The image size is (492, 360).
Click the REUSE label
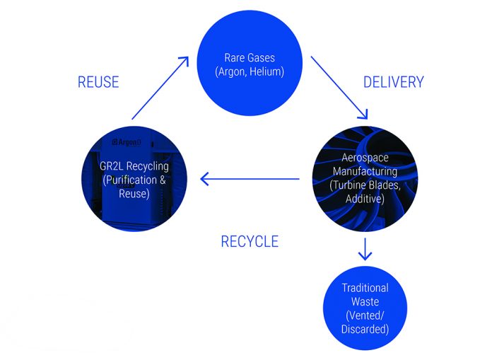98,82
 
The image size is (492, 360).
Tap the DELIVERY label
394,82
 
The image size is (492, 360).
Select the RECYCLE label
250,242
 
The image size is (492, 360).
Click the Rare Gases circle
250,63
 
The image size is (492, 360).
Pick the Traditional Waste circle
365,308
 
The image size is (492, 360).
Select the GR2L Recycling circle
134,179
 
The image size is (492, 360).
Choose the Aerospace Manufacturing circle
365,179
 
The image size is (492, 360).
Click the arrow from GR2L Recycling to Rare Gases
160,88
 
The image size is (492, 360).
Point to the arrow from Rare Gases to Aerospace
339,88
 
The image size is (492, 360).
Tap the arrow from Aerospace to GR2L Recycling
250,179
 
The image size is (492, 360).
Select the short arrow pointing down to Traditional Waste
365,249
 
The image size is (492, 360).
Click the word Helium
267,71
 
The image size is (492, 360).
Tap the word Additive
365,199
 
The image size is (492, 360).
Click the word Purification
129,180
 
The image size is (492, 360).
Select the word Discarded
365,330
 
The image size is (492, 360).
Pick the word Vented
365,315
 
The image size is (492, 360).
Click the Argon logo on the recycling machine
127,142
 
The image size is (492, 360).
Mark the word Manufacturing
365,171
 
